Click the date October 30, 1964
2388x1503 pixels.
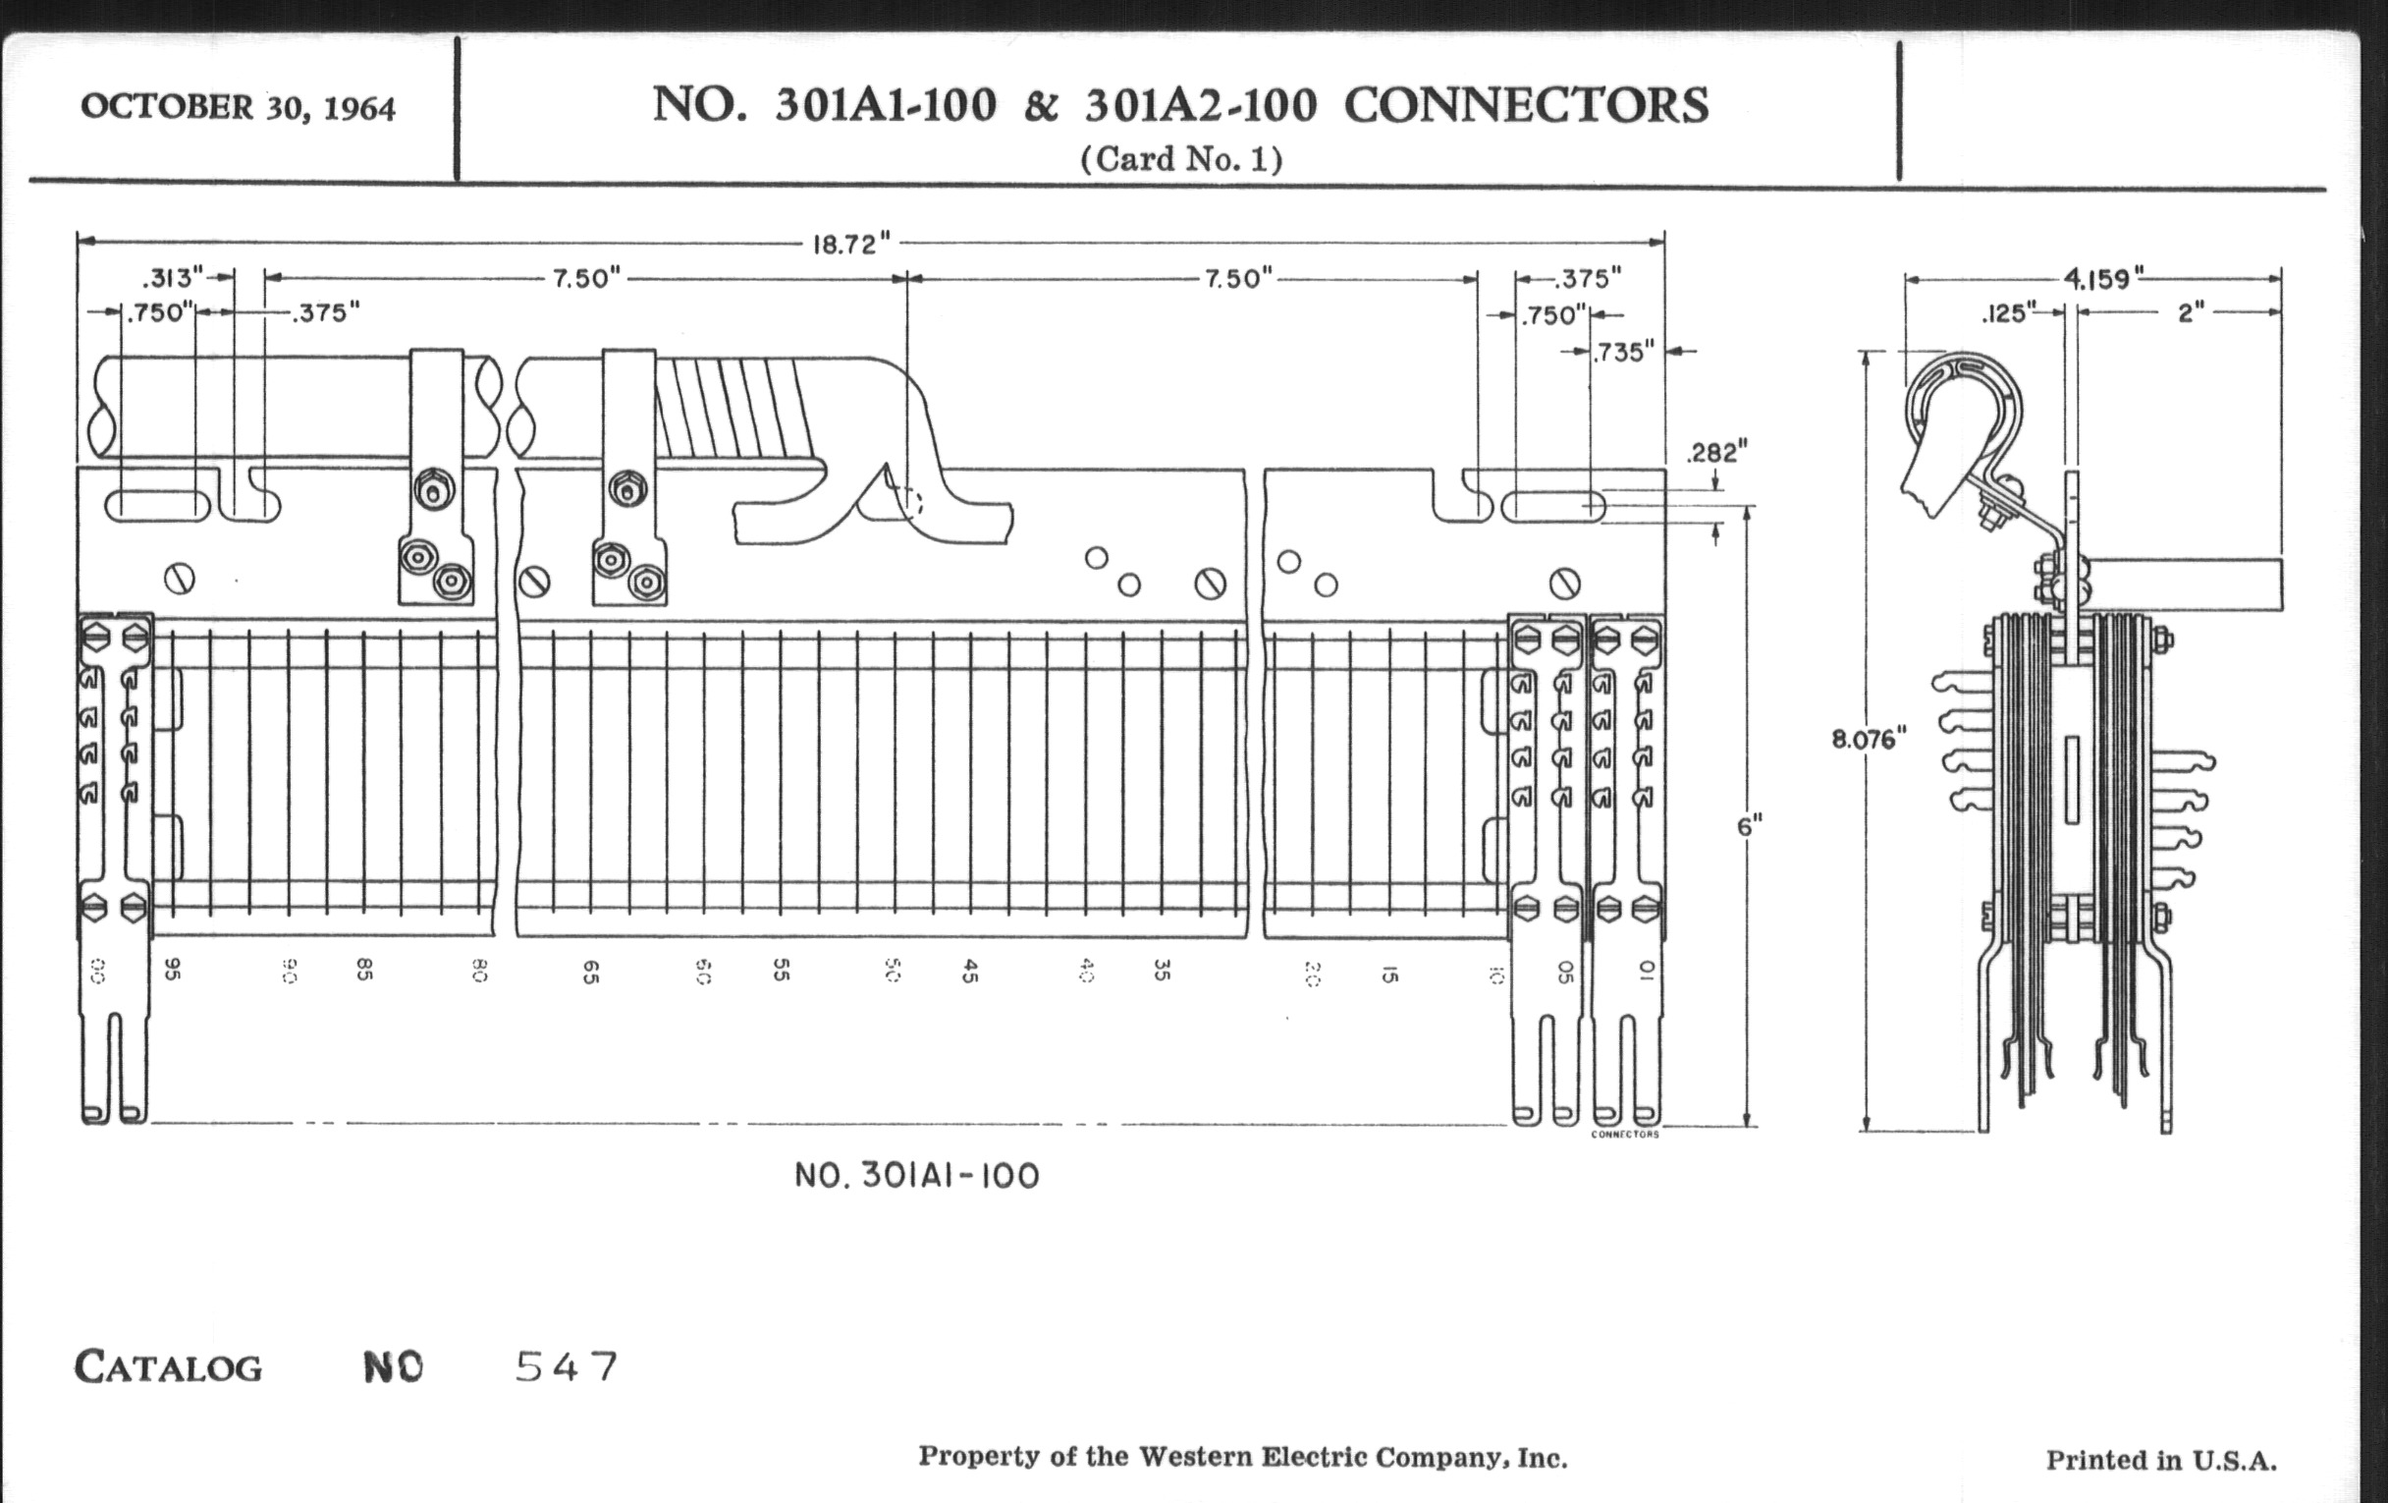[x=238, y=107]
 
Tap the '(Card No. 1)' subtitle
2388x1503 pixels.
[x=1181, y=159]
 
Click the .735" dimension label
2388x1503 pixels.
[x=1623, y=353]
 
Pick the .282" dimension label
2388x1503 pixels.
[x=1716, y=454]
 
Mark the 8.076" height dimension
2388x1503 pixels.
[x=1869, y=739]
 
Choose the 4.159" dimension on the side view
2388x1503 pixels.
[x=2103, y=279]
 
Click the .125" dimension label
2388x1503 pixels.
[x=2008, y=314]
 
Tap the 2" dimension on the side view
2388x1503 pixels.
[x=2191, y=313]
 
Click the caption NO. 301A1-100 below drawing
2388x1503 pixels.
[x=917, y=1177]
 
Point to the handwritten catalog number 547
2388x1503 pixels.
[x=568, y=1367]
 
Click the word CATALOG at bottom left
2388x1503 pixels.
[x=169, y=1368]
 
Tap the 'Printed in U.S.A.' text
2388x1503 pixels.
[x=2161, y=1461]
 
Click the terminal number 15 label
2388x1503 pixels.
[x=1389, y=974]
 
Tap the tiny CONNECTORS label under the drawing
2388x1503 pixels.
[x=1624, y=1134]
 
